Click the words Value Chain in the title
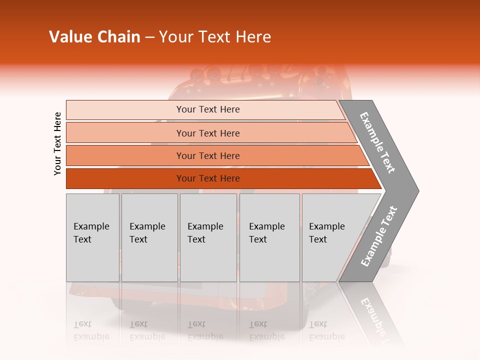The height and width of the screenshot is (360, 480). pyautogui.click(x=94, y=37)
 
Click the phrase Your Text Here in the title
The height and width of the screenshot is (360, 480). pyautogui.click(x=215, y=37)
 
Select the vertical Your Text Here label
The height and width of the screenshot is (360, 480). pyautogui.click(x=57, y=143)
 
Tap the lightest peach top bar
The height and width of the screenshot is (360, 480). pyautogui.click(x=125, y=110)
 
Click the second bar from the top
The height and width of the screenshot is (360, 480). pyautogui.click(x=125, y=133)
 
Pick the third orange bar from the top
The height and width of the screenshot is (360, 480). pyautogui.click(x=125, y=155)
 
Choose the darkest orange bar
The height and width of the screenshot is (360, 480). pyautogui.click(x=125, y=178)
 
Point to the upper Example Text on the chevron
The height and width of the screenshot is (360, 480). pyautogui.click(x=377, y=142)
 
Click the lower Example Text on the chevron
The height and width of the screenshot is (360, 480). pyautogui.click(x=379, y=236)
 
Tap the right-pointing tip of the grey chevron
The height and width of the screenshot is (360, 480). pyautogui.click(x=415, y=190)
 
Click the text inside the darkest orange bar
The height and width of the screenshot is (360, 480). pyautogui.click(x=208, y=178)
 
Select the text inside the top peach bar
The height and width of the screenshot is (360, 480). pyautogui.click(x=208, y=109)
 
